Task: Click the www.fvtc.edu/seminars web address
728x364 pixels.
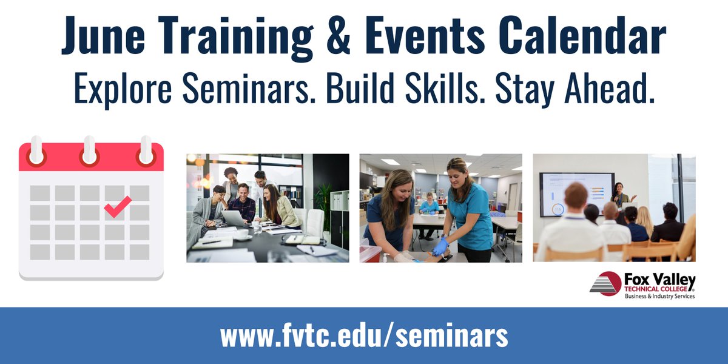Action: [364, 335]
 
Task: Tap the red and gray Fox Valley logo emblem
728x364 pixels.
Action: [604, 284]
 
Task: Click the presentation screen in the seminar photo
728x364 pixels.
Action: [576, 193]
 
